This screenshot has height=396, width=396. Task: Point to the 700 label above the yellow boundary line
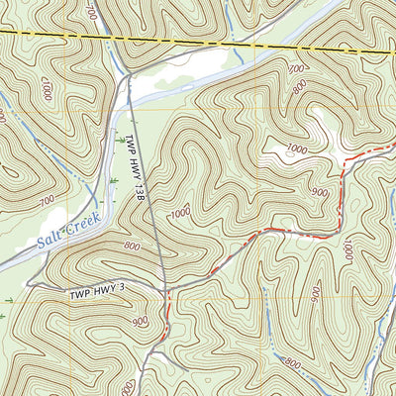coord(92,12)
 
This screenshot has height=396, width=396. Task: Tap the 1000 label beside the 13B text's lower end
coord(180,213)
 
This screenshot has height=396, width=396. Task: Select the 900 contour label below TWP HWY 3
coord(141,322)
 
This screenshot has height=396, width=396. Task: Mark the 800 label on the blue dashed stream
coord(292,364)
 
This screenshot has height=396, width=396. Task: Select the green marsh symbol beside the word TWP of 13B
coord(120,144)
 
